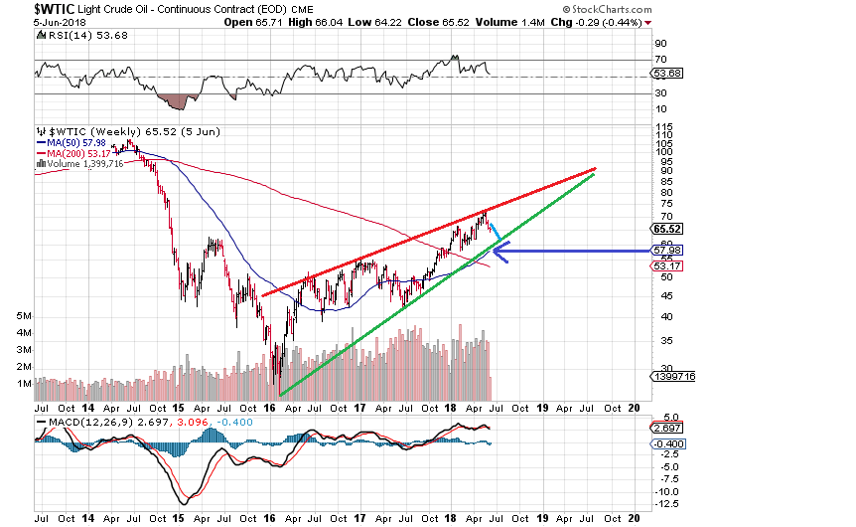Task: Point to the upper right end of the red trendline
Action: click(x=594, y=168)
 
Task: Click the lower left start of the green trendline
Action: click(x=281, y=395)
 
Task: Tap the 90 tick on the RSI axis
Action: click(x=658, y=44)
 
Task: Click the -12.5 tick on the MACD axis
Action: click(x=666, y=504)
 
